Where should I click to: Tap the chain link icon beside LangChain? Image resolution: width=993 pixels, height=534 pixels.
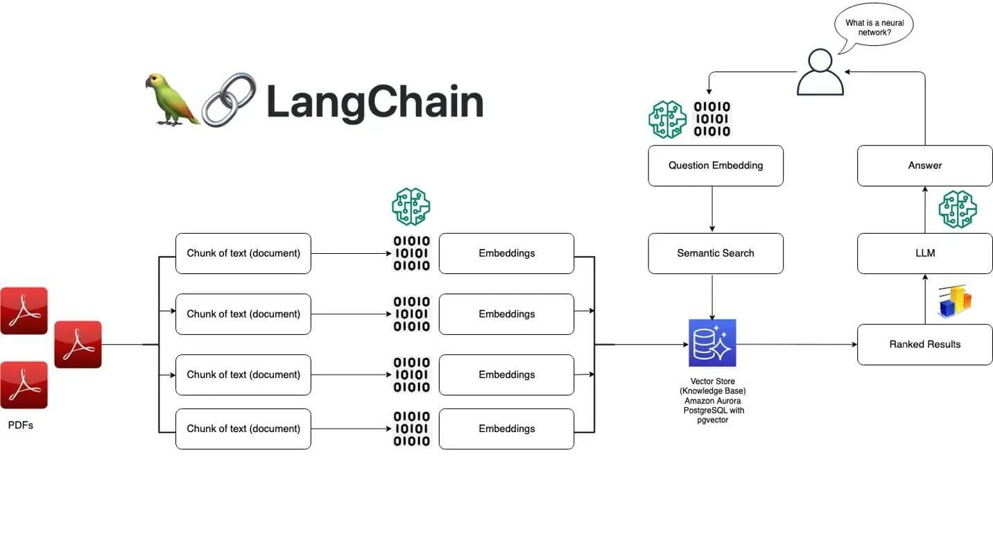(x=229, y=100)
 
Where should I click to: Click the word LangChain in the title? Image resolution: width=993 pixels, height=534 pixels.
(x=374, y=102)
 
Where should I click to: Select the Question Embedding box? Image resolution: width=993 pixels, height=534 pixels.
(x=716, y=166)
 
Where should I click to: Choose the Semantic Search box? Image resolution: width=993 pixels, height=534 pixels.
(x=716, y=253)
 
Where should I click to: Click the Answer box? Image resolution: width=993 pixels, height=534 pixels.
(x=924, y=166)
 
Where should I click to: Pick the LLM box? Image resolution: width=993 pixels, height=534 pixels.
(x=924, y=253)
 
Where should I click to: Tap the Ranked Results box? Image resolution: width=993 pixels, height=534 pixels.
(x=924, y=344)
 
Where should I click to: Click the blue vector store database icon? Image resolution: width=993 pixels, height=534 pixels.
(x=712, y=343)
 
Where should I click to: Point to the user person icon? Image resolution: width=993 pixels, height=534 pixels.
(x=820, y=72)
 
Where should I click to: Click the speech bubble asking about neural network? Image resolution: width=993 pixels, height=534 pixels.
(x=874, y=27)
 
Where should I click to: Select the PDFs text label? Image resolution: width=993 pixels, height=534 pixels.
(x=21, y=425)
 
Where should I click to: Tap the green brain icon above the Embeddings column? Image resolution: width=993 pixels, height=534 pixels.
(x=411, y=207)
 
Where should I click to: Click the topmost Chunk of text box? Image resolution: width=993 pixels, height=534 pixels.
(x=243, y=253)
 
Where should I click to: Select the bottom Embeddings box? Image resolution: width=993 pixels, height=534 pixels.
(x=506, y=429)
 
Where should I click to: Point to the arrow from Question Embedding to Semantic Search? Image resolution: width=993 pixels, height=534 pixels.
(x=712, y=209)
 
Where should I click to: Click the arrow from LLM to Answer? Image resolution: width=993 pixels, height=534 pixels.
(x=924, y=209)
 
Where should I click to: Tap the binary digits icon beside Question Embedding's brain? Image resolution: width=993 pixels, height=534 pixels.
(x=712, y=119)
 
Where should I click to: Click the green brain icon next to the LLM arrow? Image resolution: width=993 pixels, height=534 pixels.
(x=957, y=209)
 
